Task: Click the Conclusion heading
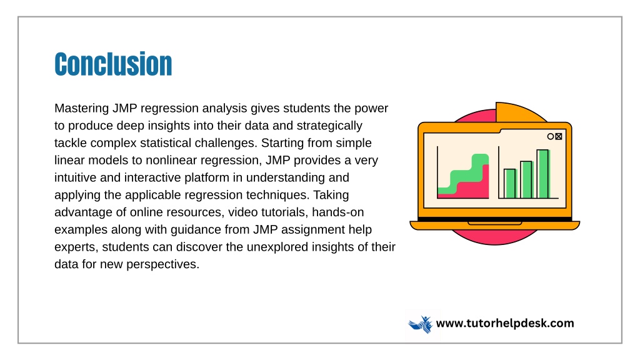(113, 64)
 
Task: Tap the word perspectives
(163, 264)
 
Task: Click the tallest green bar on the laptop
(543, 174)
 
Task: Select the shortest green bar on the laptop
(510, 184)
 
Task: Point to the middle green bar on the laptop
(526, 180)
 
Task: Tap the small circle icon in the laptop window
(551, 136)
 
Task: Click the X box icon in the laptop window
(559, 136)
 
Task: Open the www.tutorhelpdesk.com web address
(505, 323)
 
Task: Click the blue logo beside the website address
(421, 324)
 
